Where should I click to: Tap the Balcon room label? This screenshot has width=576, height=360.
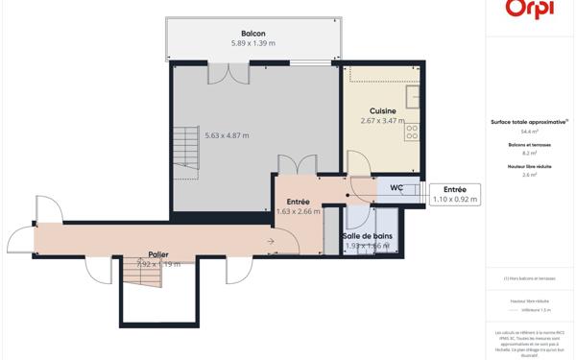tap(252, 34)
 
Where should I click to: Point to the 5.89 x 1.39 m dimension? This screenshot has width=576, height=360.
tap(252, 44)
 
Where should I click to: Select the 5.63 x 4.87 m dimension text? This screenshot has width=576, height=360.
tap(227, 135)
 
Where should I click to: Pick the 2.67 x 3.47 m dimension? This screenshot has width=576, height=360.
tap(382, 121)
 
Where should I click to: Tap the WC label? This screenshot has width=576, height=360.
tap(396, 188)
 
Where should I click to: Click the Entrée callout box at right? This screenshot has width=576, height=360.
tap(454, 194)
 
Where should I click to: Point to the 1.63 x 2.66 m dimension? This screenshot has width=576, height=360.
tap(298, 212)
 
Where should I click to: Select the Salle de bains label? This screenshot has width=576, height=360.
tap(368, 236)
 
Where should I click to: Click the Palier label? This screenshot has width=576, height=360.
tap(158, 254)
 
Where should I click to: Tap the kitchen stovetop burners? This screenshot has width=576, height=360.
tap(413, 131)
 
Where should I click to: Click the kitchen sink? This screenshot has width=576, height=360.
tap(414, 97)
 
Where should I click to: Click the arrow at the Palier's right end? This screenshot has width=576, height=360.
tap(272, 240)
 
